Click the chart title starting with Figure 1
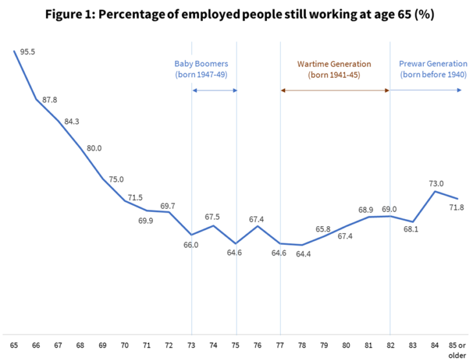pos(236,14)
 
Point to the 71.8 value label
pos(457,207)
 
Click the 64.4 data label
pos(303,254)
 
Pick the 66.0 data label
pos(191,244)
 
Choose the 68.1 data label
pos(412,229)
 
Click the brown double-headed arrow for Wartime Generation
pos(335,90)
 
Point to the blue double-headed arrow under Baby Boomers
pos(214,90)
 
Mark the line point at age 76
pos(258,226)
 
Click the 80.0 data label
pos(94,148)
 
